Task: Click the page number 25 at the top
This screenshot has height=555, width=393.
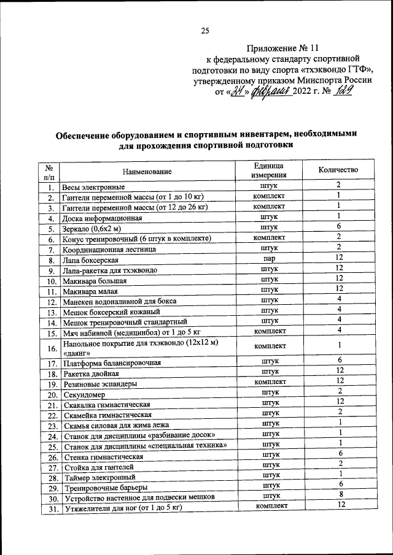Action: click(205, 33)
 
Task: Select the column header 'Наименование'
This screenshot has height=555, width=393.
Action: click(146, 172)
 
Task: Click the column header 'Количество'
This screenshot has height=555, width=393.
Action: click(338, 170)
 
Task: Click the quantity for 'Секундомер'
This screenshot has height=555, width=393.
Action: click(338, 391)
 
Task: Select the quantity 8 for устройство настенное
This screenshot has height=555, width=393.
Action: click(338, 494)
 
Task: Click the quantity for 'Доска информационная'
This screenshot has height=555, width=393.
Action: click(338, 216)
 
